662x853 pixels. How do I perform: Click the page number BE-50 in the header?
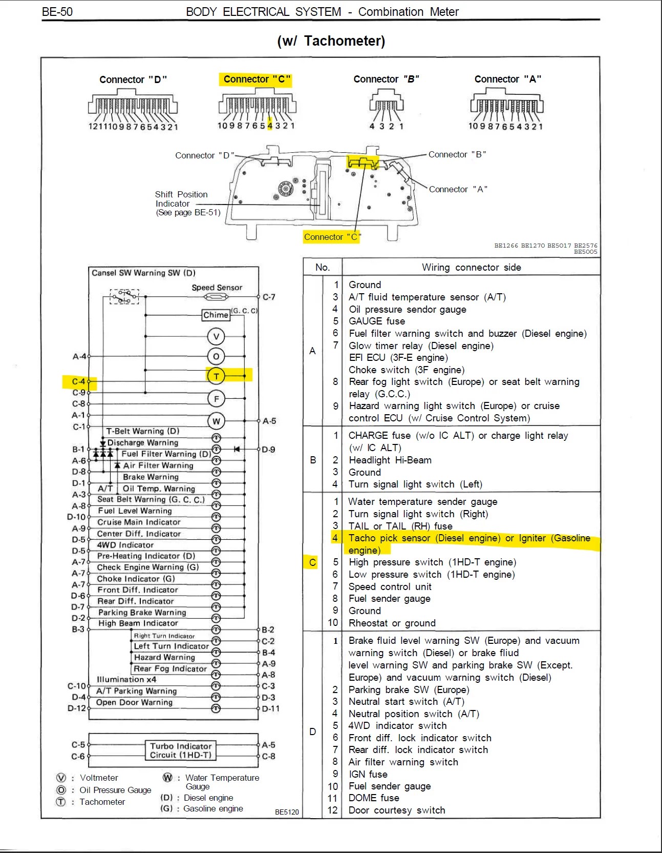click(57, 12)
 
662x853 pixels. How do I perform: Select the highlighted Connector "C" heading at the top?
click(257, 79)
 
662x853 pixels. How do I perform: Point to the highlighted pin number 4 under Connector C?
click(270, 126)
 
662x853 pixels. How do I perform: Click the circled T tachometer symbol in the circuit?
click(216, 376)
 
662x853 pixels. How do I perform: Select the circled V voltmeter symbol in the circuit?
click(216, 337)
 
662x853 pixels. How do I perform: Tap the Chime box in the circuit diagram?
click(216, 315)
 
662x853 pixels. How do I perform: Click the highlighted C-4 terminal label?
click(78, 381)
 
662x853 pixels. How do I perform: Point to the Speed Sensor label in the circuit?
click(217, 288)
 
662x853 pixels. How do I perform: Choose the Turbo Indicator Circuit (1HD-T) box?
click(181, 750)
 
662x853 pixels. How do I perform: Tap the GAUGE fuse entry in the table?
click(377, 321)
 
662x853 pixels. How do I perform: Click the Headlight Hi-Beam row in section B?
click(390, 460)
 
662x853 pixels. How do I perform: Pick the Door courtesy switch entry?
click(397, 810)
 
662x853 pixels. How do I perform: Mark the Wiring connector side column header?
click(471, 267)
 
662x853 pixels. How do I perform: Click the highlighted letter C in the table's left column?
click(313, 562)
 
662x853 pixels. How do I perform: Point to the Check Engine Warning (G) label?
click(148, 567)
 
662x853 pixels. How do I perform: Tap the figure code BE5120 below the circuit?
click(287, 812)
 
